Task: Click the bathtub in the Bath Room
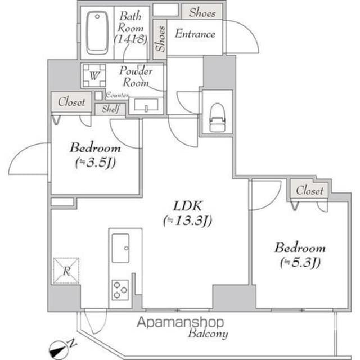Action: coord(98,33)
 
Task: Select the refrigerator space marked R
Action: coord(66,271)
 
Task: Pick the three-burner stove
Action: coord(120,289)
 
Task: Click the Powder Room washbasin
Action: coord(146,105)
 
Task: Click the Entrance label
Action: coord(195,34)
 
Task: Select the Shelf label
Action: coord(110,109)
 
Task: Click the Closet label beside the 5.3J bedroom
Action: coord(310,191)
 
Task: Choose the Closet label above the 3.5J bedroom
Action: coord(71,102)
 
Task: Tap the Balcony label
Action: coord(208,334)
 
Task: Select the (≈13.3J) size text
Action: coord(187,221)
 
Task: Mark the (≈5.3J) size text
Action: coord(300,262)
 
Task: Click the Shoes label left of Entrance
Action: coord(160,39)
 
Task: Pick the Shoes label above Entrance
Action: coord(202,12)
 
